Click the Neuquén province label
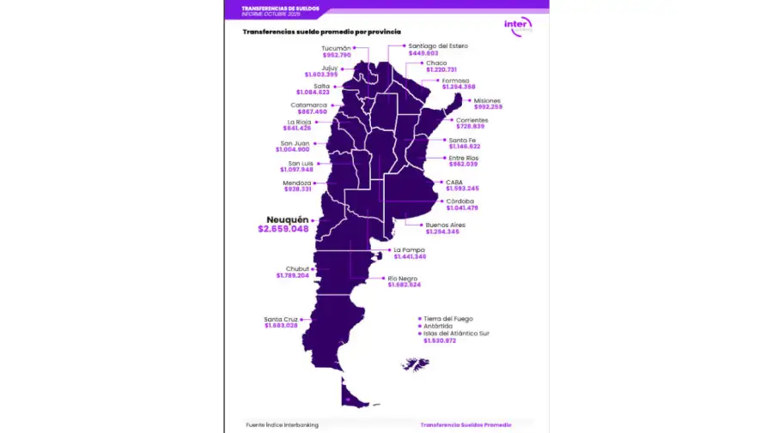(287, 220)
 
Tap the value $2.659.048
(283, 229)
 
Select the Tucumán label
(336, 48)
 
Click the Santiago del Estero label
(438, 45)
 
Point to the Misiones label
(487, 100)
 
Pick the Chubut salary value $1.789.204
(292, 275)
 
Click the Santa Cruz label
(281, 319)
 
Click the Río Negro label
(404, 278)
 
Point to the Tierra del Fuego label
(447, 318)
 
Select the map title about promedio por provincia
(321, 32)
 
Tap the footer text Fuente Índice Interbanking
(282, 424)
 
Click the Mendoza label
(296, 183)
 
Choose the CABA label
(454, 182)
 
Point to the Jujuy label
(328, 67)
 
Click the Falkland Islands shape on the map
(416, 364)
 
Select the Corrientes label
(472, 120)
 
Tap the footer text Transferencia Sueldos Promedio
(466, 424)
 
